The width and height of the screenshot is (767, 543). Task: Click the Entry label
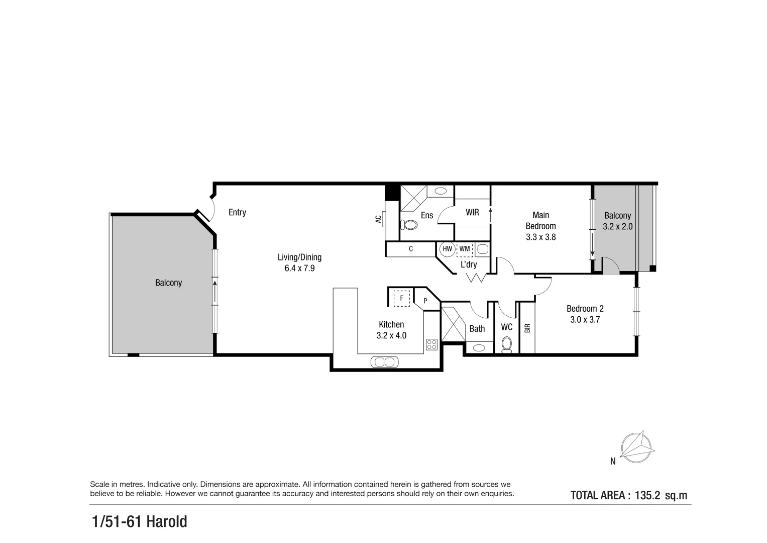237,212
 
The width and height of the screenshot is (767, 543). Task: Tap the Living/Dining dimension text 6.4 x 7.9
299,268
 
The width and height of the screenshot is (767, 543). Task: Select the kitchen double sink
384,361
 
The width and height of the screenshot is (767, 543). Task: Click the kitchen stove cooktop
431,344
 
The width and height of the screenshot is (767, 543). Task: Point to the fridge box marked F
401,298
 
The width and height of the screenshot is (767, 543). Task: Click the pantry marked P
425,301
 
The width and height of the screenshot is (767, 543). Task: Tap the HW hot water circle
447,249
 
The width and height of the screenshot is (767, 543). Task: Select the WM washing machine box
465,249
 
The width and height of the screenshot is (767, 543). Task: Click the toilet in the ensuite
409,225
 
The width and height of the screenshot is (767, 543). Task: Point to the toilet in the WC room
507,344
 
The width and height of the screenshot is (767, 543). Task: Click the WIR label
472,212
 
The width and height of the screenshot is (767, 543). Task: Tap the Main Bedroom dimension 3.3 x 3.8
540,237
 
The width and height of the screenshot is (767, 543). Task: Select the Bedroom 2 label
585,309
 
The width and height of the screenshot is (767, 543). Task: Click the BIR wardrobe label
527,328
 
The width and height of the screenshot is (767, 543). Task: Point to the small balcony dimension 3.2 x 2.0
617,227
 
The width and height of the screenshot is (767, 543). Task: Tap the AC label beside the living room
378,219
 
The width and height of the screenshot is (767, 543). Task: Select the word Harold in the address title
167,522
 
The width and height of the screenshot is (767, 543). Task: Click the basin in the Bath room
479,347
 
